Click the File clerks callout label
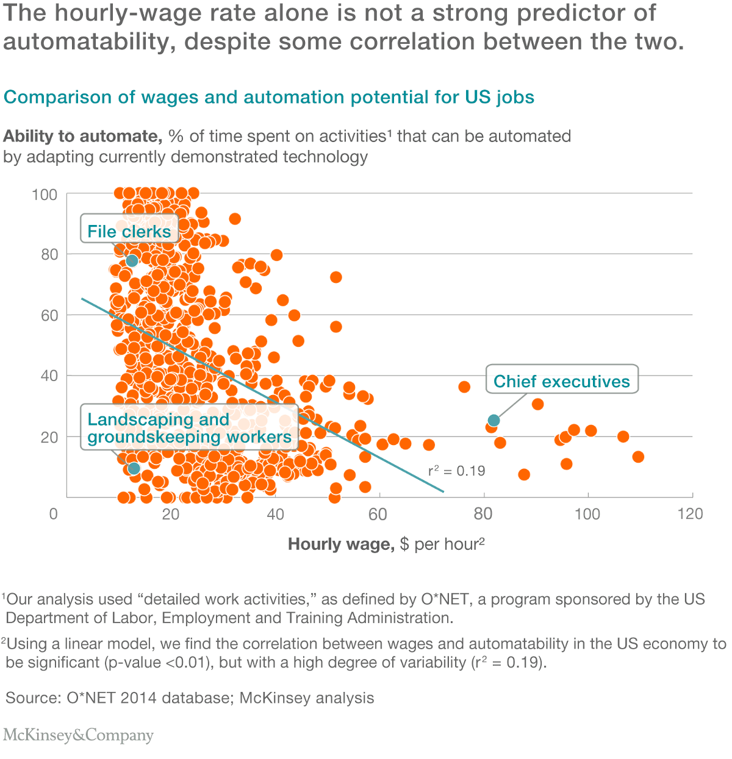point(129,232)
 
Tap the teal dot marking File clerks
point(132,261)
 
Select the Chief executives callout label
point(561,381)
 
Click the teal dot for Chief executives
point(493,420)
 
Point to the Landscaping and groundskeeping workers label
point(189,428)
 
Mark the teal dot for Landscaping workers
point(134,468)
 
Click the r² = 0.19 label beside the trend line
point(456,471)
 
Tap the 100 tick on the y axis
point(45,195)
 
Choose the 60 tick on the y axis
point(49,316)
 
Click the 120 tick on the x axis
point(690,514)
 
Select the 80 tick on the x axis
point(483,514)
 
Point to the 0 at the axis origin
point(54,514)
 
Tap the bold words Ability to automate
point(82,136)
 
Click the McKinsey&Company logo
point(78,735)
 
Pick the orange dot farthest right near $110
point(638,457)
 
